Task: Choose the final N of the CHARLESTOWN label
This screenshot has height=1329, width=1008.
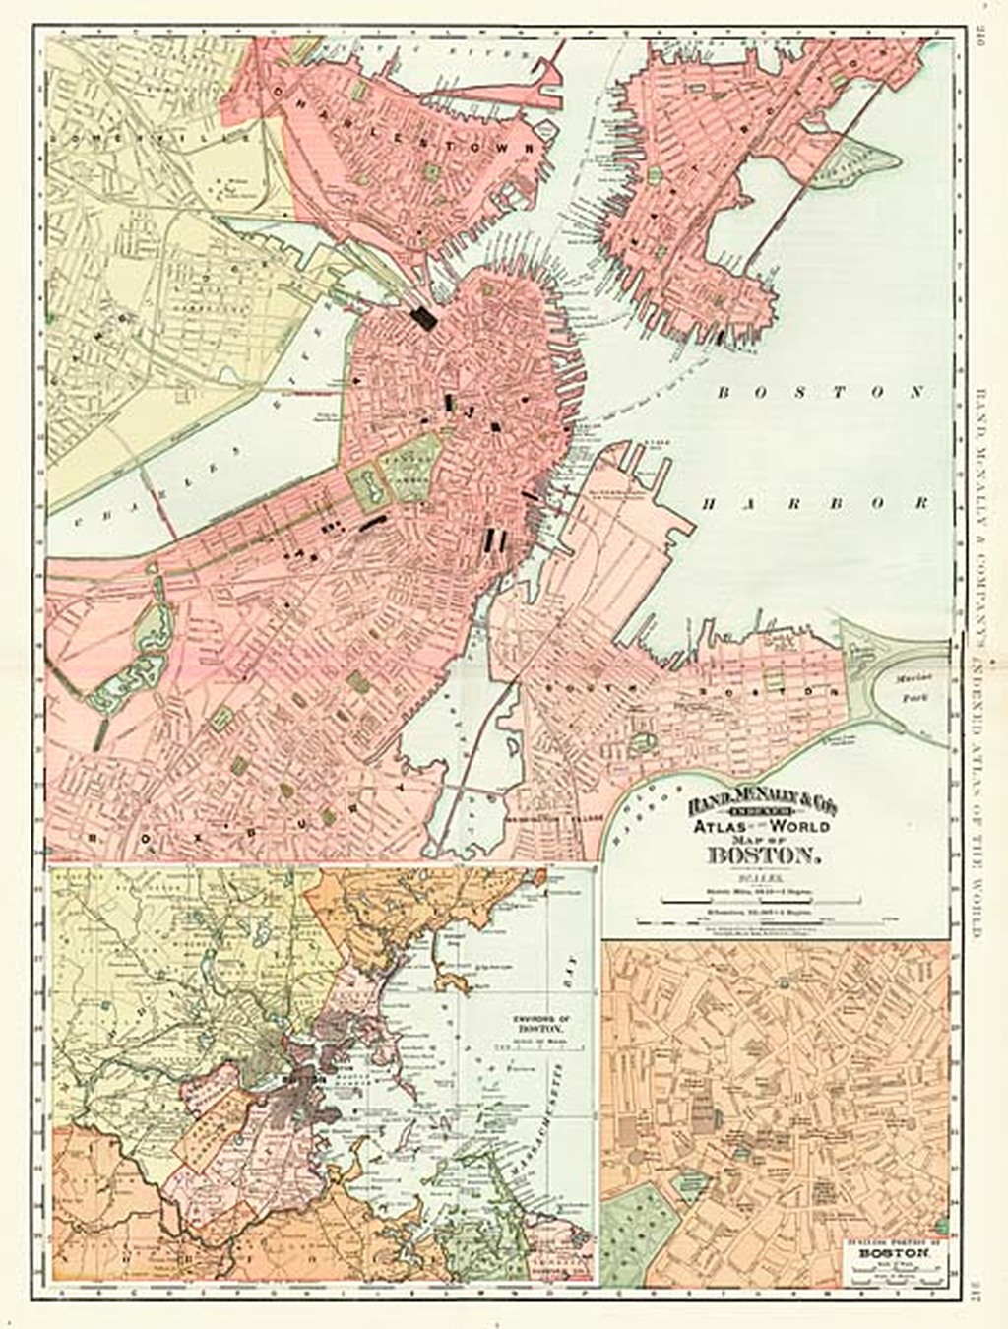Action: click(535, 149)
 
